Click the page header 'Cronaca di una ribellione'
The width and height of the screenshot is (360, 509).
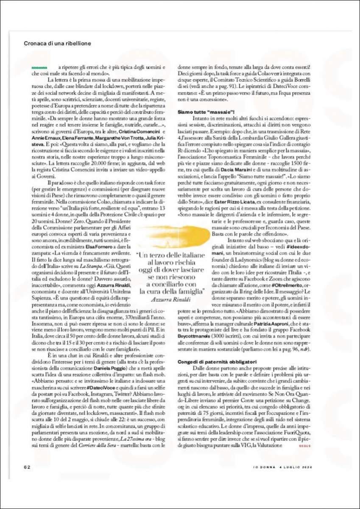tap(57, 43)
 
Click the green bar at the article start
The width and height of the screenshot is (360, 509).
tap(39, 67)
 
